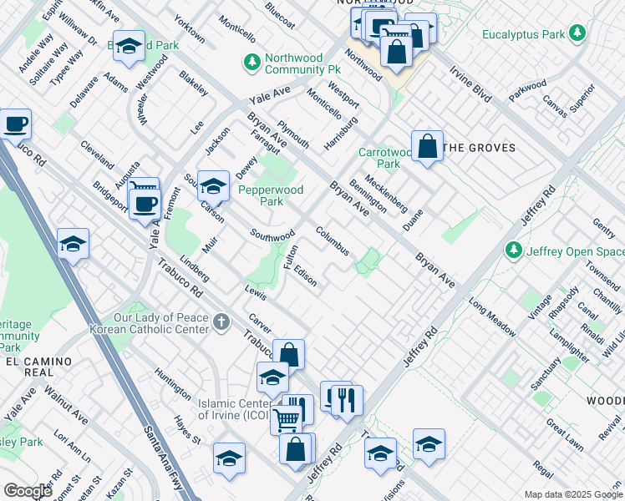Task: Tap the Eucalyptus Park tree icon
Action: pos(576,33)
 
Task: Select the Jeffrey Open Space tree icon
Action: pos(514,250)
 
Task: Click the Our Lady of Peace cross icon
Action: pos(221,321)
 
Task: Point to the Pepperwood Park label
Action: pos(271,195)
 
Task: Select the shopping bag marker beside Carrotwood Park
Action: pos(427,147)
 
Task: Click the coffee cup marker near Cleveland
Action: pos(16,124)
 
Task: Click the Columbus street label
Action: pos(332,241)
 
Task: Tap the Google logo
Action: pos(28,491)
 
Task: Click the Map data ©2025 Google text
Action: pos(572,494)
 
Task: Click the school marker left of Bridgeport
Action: pos(73,244)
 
